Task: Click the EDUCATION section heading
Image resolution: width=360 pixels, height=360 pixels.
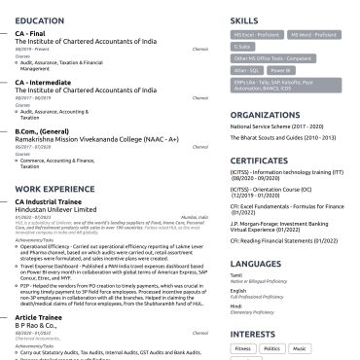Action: [x=48, y=19]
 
